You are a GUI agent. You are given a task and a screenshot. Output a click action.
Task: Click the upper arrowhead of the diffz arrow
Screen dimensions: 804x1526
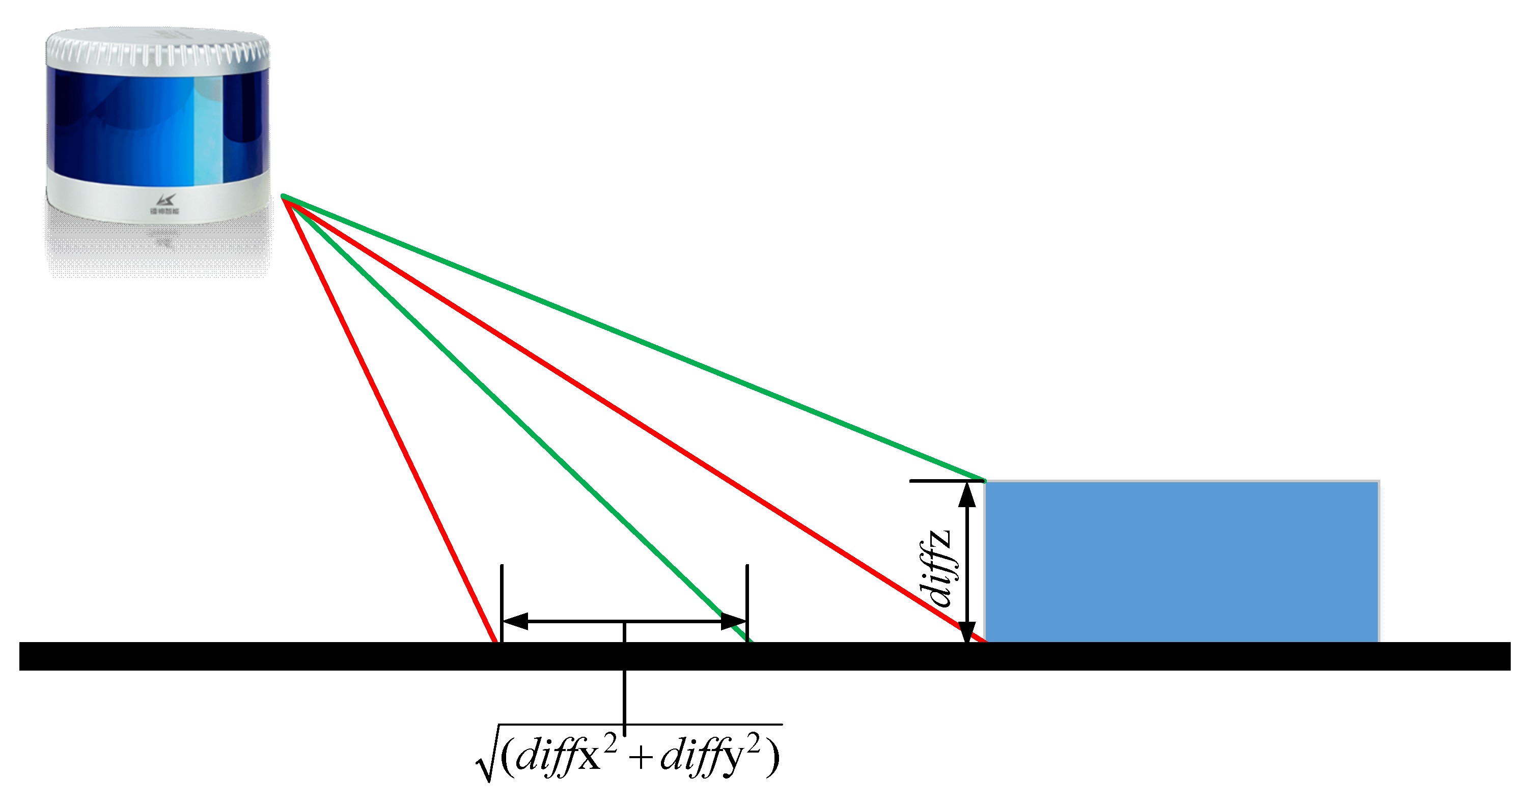(967, 493)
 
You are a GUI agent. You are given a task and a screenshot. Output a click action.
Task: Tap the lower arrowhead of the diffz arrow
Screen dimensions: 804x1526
(967, 631)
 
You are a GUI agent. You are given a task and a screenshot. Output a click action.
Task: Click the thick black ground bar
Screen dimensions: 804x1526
(764, 656)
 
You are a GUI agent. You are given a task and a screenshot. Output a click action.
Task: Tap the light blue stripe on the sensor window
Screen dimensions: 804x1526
(209, 130)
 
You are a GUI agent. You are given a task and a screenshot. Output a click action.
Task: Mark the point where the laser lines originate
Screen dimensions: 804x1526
(284, 197)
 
